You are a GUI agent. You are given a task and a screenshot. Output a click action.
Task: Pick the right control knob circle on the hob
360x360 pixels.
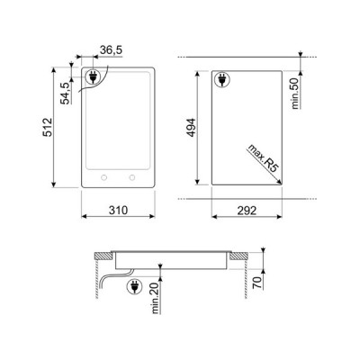[132, 176]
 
